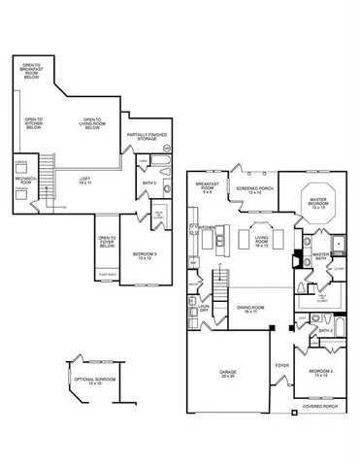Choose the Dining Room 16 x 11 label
point(251,310)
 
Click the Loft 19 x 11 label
point(86,182)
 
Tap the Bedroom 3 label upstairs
point(136,256)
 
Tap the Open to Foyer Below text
point(107,243)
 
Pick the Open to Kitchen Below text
point(34,123)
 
